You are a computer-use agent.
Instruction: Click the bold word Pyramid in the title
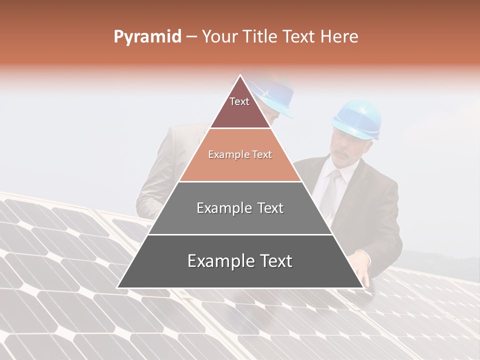click(147, 37)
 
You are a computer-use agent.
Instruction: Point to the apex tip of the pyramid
click(240, 75)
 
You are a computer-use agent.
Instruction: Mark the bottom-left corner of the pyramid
click(118, 287)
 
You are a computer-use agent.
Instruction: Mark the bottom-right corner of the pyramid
click(362, 287)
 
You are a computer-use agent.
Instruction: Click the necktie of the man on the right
click(329, 190)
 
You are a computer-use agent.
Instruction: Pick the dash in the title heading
click(191, 37)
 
